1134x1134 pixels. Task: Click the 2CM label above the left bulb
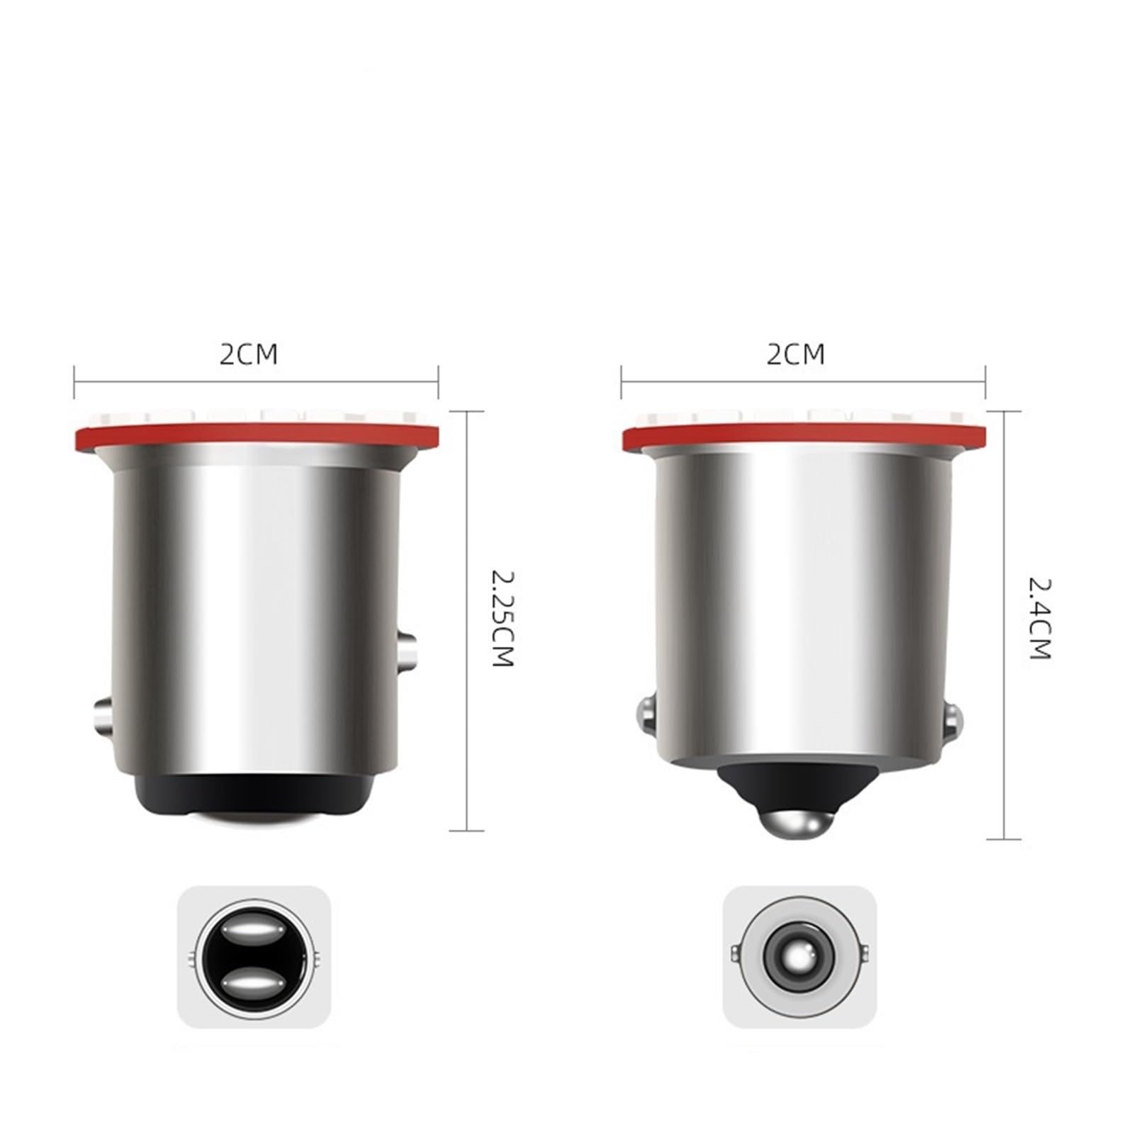(248, 354)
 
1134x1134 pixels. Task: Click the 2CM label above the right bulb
(795, 354)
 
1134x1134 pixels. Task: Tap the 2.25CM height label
(501, 618)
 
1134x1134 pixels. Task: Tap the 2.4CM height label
(1039, 619)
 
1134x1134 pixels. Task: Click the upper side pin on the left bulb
(406, 652)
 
